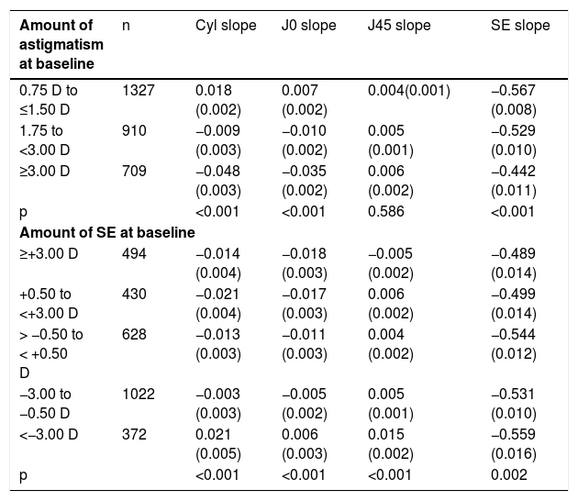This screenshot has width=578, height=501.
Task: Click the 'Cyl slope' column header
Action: point(226,26)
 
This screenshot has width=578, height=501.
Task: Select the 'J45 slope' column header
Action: point(399,26)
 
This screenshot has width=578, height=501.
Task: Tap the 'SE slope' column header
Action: point(520,26)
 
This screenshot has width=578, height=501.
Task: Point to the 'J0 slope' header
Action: point(309,26)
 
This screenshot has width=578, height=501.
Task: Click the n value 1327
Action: point(139,90)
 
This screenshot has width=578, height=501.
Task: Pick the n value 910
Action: point(134,131)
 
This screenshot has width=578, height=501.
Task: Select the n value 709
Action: point(134,171)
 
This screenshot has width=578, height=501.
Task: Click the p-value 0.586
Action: point(386,212)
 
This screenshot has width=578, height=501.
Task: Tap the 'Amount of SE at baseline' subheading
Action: point(107,233)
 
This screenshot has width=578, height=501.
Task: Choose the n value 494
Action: point(134,253)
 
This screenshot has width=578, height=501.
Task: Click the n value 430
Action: point(134,295)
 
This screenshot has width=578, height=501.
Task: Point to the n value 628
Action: point(134,334)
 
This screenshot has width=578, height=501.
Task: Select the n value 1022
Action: point(139,394)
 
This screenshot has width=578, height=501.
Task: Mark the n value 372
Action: point(134,434)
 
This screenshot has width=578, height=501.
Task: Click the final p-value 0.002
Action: point(509,474)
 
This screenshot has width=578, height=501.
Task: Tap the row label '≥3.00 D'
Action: point(45,171)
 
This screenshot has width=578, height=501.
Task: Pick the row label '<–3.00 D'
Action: point(49,434)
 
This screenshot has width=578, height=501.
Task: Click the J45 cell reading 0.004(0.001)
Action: point(409,91)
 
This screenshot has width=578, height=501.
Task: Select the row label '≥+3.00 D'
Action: point(49,253)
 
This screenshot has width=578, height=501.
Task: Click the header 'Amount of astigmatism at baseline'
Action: point(61,45)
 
